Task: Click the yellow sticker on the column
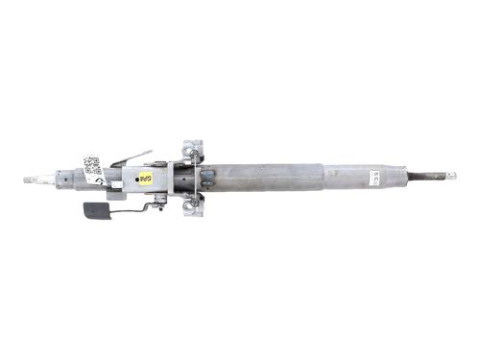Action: pos(146,178)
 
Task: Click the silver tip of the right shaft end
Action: pos(451,176)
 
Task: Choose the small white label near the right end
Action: pos(374,177)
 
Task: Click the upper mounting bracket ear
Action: pos(195,147)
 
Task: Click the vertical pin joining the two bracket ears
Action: pos(195,177)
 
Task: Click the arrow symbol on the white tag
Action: pos(100,177)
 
